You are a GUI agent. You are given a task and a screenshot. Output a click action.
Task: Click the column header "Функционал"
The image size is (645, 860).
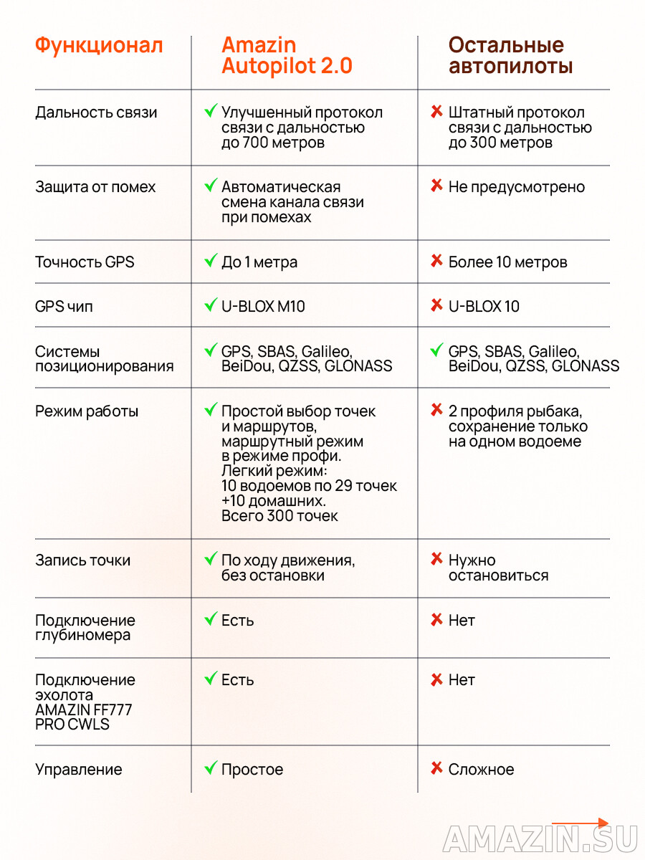pos(99,46)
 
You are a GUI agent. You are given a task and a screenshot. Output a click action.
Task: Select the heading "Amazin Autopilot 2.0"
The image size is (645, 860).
pos(287,56)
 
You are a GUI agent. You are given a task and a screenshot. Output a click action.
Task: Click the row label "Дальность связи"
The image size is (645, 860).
pos(96,113)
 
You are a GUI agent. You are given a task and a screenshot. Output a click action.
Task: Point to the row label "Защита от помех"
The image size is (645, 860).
pos(95,187)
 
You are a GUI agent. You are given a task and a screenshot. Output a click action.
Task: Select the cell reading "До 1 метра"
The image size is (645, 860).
pos(259,262)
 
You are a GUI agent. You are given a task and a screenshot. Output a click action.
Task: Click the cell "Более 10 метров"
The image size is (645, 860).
pos(507,262)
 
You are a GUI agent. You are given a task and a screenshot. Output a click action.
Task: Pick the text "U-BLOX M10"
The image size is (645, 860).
pos(263,307)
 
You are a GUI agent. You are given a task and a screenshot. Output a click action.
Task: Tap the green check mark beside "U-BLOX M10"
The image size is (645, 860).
pos(211,305)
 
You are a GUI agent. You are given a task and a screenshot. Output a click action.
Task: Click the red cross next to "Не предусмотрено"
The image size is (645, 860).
pos(436,186)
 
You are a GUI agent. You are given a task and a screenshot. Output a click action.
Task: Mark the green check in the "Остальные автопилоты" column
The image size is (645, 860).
pos(436,350)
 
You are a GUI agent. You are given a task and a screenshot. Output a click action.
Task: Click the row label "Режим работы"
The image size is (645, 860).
pos(87,411)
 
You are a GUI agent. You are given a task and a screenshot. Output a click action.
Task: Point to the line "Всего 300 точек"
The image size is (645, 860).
pos(279,516)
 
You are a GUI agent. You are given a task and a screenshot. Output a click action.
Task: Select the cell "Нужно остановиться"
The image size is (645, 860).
pos(498,568)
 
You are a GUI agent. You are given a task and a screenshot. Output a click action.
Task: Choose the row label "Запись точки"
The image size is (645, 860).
pos(82,560)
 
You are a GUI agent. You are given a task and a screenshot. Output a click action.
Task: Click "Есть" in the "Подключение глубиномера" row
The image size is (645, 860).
pos(237,621)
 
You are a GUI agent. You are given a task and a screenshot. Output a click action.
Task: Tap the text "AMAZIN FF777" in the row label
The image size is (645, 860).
pos(83,709)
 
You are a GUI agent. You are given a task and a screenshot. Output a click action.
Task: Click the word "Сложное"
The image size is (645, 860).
pos(481,770)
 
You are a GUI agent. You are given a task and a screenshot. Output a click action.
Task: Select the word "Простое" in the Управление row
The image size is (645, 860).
pos(252,770)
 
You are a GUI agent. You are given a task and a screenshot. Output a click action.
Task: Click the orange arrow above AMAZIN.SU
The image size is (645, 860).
pos(580,823)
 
